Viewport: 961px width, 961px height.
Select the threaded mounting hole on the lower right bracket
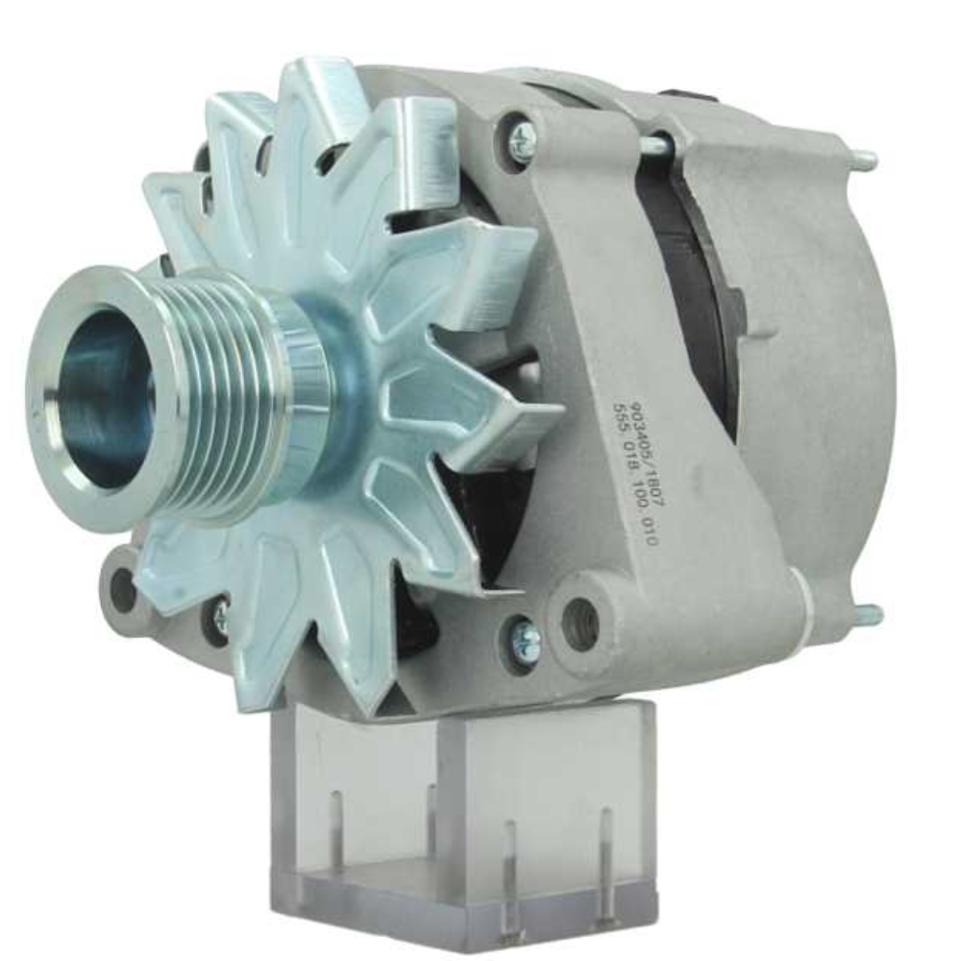click(580, 624)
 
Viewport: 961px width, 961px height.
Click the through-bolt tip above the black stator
click(658, 144)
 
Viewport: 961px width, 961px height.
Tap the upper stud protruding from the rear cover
click(864, 160)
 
